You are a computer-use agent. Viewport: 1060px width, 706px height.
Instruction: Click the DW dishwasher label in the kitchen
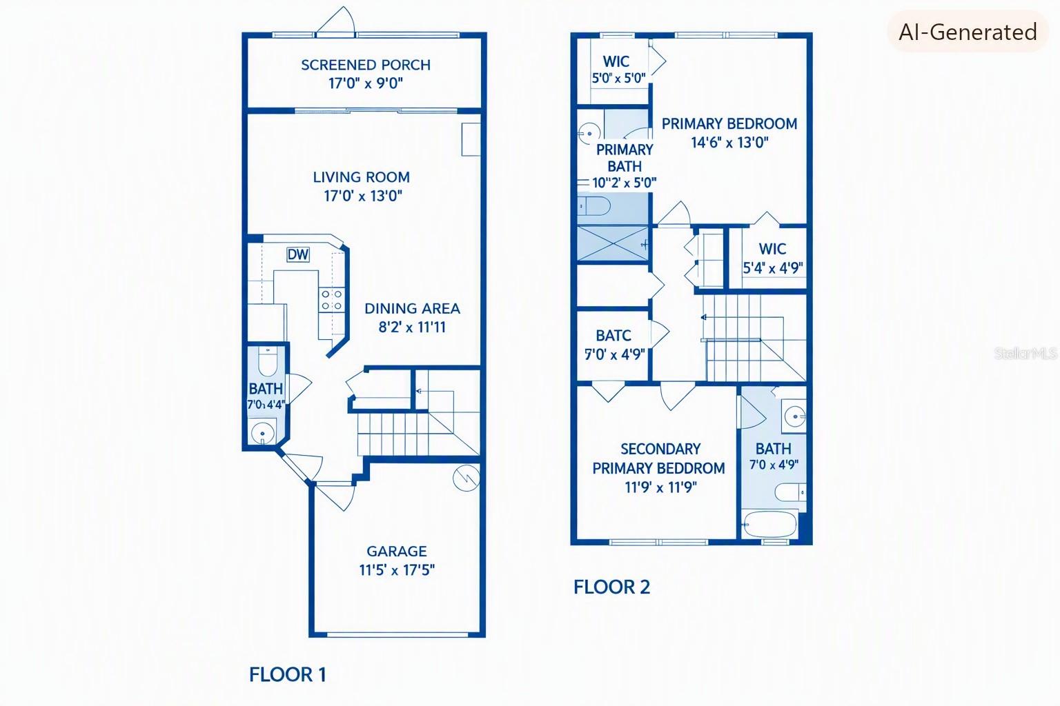(x=298, y=254)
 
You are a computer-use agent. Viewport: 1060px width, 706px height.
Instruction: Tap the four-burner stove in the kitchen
(x=331, y=300)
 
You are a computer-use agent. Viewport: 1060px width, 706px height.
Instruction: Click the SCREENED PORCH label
(x=366, y=65)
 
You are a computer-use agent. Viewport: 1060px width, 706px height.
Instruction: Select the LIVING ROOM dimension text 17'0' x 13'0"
(x=363, y=196)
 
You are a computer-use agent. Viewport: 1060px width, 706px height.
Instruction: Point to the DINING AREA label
(x=412, y=309)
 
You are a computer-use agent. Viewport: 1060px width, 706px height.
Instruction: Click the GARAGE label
(x=397, y=552)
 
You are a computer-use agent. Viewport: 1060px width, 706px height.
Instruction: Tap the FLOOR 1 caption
(x=288, y=675)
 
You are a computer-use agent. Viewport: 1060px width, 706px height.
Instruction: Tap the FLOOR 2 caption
(x=612, y=587)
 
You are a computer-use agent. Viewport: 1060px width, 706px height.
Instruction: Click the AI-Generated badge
(x=968, y=32)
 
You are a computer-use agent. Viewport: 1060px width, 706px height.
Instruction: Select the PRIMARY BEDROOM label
(x=729, y=124)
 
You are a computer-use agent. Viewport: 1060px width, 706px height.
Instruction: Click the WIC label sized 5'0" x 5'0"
(x=616, y=61)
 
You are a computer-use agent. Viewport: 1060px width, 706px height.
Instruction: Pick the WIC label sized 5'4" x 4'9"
(x=772, y=249)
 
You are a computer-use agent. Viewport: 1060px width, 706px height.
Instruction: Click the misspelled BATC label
(x=614, y=336)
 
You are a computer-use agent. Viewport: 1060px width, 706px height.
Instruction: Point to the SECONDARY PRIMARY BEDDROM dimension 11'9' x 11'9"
(x=660, y=487)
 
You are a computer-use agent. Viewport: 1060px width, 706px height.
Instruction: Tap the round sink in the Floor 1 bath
(x=263, y=432)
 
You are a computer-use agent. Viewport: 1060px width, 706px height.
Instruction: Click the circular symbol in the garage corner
(x=466, y=478)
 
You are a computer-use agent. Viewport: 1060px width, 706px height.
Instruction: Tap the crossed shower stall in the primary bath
(x=613, y=243)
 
